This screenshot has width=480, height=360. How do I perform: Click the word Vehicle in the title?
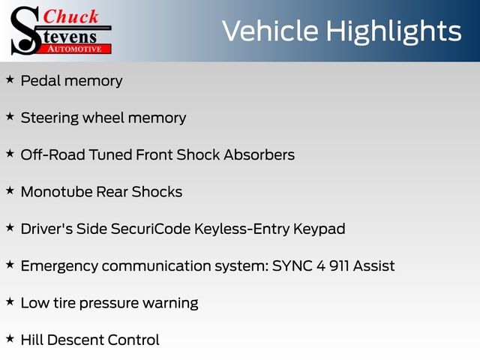pyautogui.click(x=270, y=31)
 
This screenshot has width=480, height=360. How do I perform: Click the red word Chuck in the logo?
pyautogui.click(x=70, y=16)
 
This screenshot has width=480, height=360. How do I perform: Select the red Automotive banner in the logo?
pyautogui.click(x=76, y=49)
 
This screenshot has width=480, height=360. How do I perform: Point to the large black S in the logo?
pyautogui.click(x=25, y=31)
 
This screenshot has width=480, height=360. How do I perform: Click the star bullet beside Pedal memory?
pyautogui.click(x=10, y=79)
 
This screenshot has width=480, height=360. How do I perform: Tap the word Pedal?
pyautogui.click(x=40, y=80)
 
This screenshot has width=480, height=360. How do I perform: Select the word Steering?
pyautogui.click(x=49, y=118)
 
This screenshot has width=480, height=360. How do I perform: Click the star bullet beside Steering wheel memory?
pyautogui.click(x=10, y=117)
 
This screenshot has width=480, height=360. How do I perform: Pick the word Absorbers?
pyautogui.click(x=259, y=154)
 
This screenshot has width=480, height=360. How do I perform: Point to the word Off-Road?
pyautogui.click(x=53, y=154)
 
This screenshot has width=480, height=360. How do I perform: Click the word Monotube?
pyautogui.click(x=56, y=192)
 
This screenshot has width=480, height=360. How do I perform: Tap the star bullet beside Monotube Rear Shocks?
pyautogui.click(x=10, y=190)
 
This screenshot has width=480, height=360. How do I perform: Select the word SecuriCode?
pyautogui.click(x=151, y=229)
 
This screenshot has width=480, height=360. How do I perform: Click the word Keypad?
pyautogui.click(x=319, y=229)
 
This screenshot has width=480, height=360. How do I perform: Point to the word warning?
pyautogui.click(x=170, y=304)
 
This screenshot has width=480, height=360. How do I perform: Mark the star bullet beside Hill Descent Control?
pyautogui.click(x=10, y=338)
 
